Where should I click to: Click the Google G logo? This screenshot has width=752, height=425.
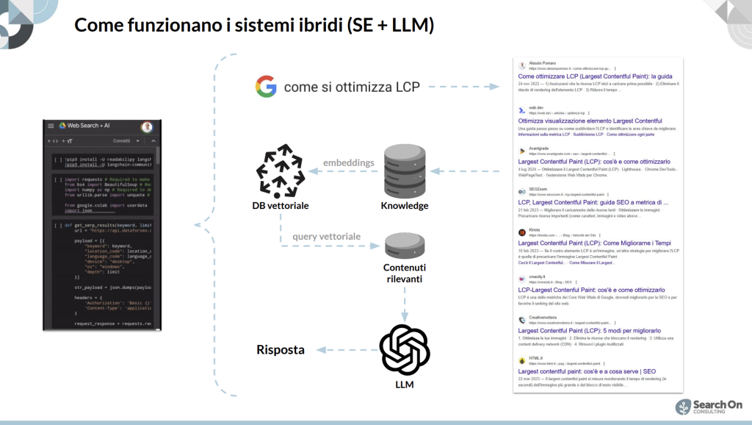(x=266, y=87)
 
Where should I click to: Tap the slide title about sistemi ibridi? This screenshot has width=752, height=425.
(x=255, y=26)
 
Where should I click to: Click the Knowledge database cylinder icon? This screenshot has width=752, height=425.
(x=404, y=171)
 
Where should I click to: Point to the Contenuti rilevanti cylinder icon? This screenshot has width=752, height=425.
(x=405, y=246)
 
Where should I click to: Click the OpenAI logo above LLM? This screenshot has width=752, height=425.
(x=405, y=349)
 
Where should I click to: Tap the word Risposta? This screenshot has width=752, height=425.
(x=281, y=350)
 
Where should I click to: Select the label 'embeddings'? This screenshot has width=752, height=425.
(x=349, y=162)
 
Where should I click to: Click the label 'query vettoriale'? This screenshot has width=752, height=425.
(x=327, y=237)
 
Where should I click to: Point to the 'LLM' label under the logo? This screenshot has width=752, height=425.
(x=405, y=385)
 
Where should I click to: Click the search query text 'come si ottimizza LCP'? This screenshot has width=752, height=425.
(x=352, y=87)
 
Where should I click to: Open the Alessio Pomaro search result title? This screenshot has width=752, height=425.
(x=595, y=76)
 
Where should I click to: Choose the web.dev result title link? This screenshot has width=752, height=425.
(x=590, y=121)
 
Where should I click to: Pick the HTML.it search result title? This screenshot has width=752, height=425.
(x=587, y=371)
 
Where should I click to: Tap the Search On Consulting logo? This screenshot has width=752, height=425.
(x=709, y=407)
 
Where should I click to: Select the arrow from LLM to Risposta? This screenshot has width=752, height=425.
(x=344, y=350)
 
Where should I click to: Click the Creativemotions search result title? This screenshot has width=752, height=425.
(x=589, y=331)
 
